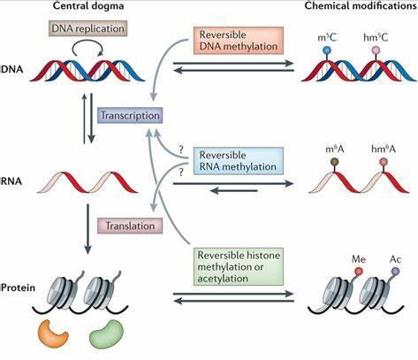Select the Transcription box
click(x=130, y=115)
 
